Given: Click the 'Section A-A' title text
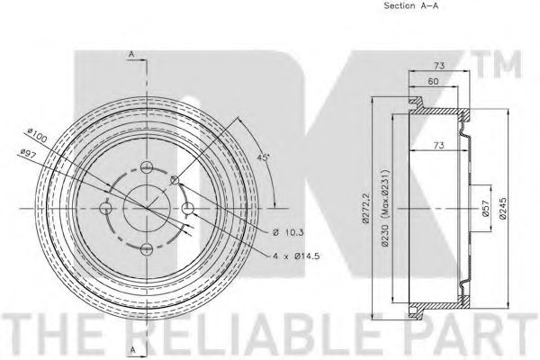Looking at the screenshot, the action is click(x=411, y=6).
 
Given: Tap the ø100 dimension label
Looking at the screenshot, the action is click(x=37, y=135).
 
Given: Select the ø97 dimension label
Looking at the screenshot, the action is click(x=28, y=154).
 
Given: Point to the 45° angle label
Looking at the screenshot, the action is click(x=263, y=157).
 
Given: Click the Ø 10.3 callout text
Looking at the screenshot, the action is click(x=288, y=232).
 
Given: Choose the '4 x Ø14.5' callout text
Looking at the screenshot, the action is click(x=296, y=256).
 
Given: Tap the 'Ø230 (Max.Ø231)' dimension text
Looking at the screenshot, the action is click(x=385, y=208).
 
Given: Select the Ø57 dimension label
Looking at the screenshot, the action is click(x=486, y=208).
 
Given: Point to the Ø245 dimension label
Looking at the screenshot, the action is click(x=502, y=208).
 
